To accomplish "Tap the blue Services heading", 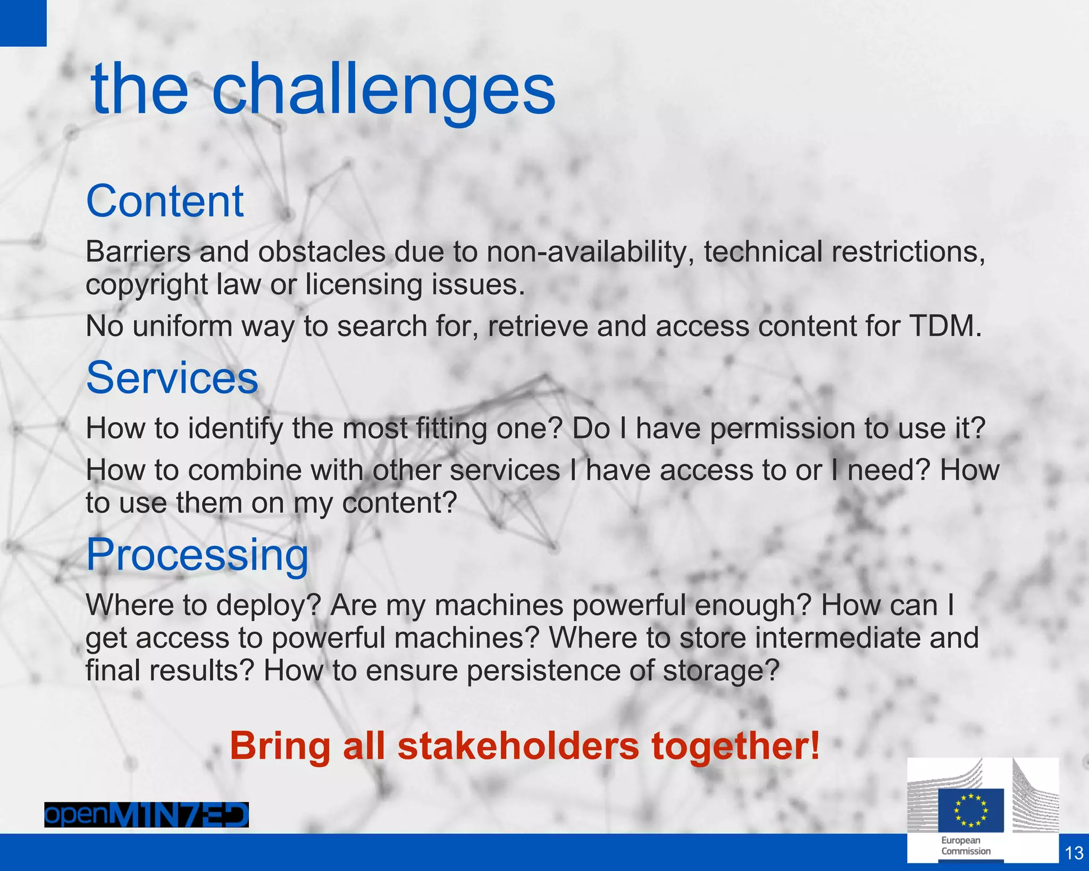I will coord(172,378).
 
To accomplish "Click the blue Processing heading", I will coord(197,555).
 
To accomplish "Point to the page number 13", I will coord(1074,853).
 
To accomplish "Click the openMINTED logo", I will coord(146,815).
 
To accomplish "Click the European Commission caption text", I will coord(966,845).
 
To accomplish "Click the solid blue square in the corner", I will coord(23,23).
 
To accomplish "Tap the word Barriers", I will coord(138,252).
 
